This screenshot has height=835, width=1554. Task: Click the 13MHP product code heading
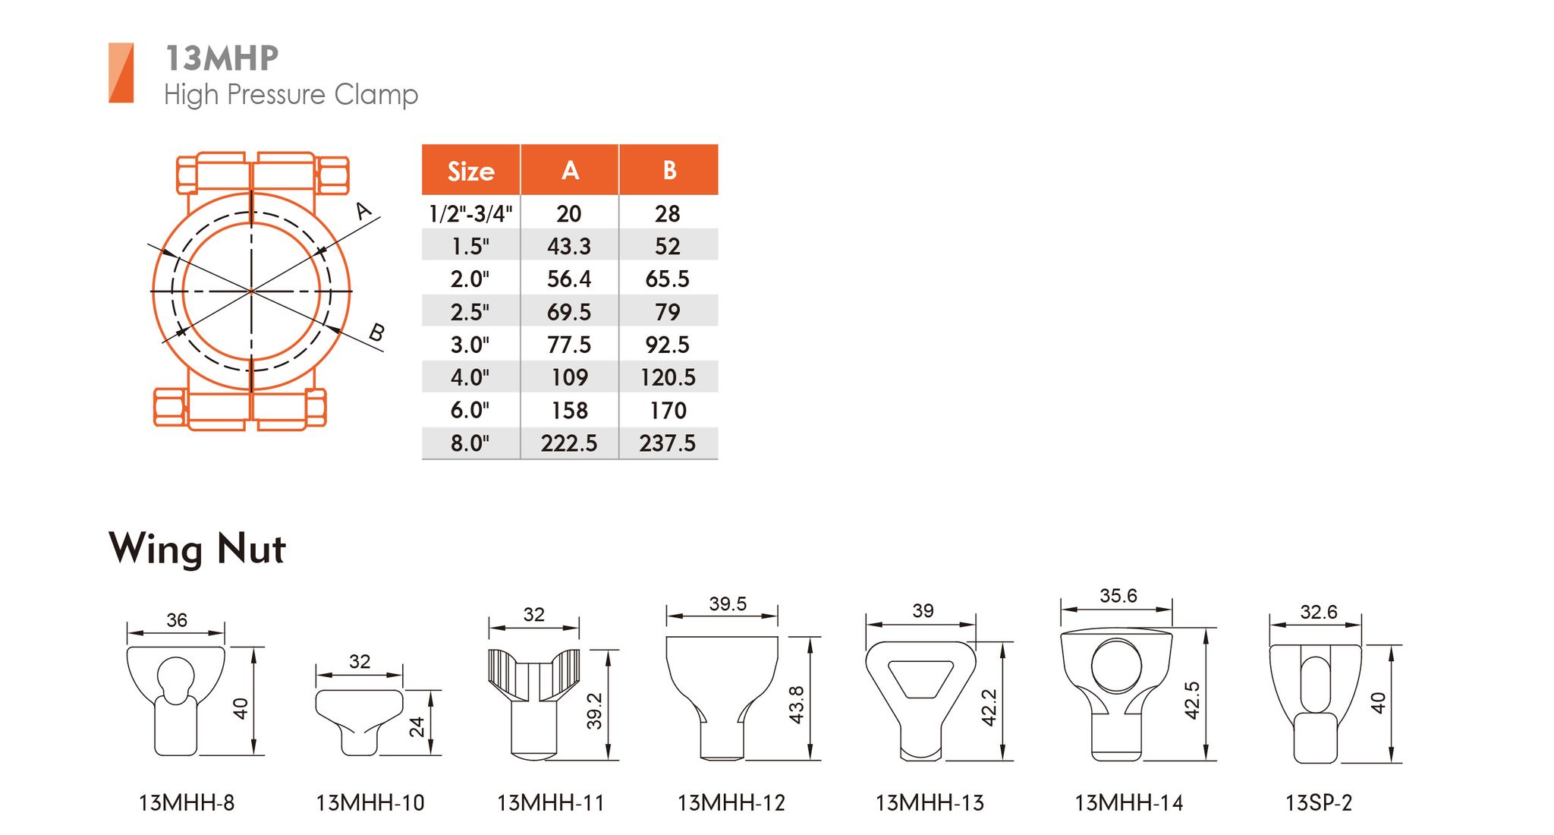222,58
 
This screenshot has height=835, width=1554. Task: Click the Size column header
470,172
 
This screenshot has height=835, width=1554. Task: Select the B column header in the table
668,170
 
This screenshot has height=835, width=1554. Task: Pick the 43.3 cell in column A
569,246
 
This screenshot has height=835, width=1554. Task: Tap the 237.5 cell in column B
667,443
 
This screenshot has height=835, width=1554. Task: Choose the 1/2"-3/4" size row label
470,213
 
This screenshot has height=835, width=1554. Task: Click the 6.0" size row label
470,410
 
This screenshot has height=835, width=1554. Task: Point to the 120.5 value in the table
668,377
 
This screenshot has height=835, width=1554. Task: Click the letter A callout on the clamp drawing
364,210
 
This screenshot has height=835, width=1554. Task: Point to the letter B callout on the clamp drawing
376,332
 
